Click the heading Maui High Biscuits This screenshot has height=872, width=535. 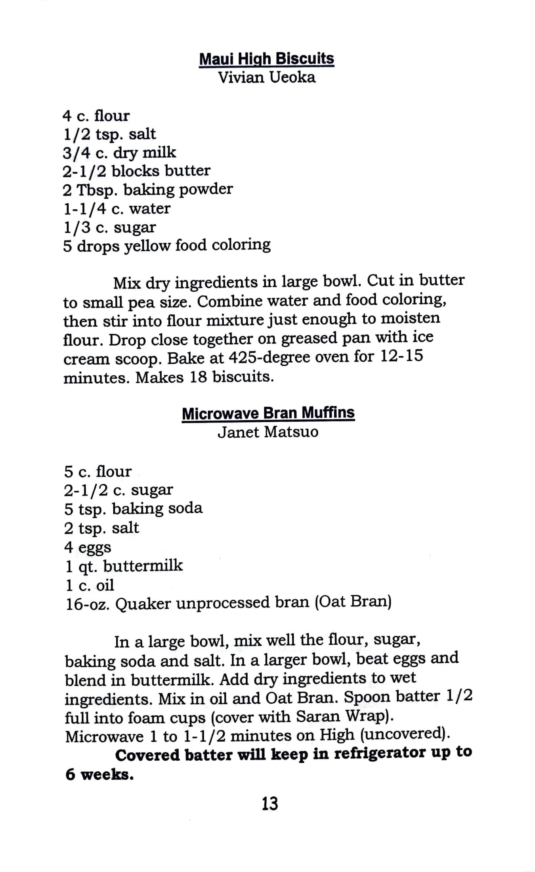266,59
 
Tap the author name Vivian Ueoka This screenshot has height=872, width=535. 267,77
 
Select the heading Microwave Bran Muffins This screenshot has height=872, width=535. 268,413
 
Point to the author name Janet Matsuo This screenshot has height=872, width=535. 268,432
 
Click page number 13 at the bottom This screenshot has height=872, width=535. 269,804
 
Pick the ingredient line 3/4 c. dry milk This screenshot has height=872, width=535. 119,153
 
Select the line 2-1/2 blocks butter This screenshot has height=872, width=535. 137,171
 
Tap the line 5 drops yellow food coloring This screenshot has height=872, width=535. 166,245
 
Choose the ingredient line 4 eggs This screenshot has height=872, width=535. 88,547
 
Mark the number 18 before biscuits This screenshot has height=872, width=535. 198,377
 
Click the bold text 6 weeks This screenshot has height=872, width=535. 99,774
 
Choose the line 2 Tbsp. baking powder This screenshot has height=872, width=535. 147,189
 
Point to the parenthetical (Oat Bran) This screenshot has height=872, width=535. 353,602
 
